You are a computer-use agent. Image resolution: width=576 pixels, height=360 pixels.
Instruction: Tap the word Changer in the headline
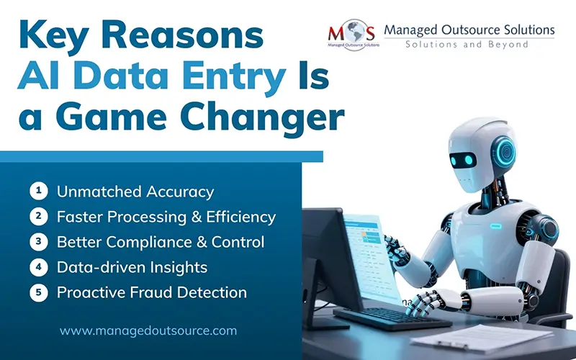point(262,117)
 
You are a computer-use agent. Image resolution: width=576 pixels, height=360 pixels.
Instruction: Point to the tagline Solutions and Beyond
point(467,45)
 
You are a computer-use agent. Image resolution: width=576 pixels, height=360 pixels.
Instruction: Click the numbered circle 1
point(37,191)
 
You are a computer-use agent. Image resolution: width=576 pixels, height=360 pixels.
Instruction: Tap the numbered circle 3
point(37,241)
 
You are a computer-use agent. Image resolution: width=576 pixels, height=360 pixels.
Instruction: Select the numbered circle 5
point(37,292)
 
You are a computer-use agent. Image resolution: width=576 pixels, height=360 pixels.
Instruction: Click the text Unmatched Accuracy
point(135,192)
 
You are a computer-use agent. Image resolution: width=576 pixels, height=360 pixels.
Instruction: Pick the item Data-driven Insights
point(132,267)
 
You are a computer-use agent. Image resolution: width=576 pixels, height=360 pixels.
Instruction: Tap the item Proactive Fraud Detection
point(152,292)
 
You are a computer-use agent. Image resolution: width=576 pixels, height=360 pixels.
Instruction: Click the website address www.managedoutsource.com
point(148,331)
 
